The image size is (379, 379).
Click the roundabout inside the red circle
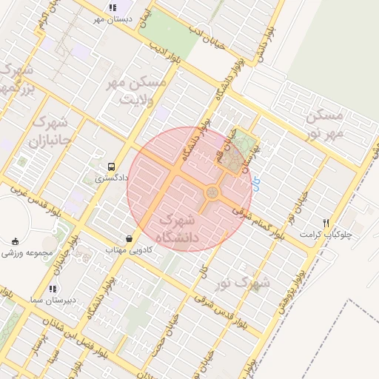(212, 193)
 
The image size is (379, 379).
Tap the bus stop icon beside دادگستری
(111, 167)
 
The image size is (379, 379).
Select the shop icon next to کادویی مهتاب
(130, 239)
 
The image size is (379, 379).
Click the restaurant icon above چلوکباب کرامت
(326, 223)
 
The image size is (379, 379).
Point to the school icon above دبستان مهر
(113, 7)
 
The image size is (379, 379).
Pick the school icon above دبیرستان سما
(52, 289)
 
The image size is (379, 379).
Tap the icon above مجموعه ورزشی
(16, 241)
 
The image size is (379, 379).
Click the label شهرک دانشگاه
(178, 227)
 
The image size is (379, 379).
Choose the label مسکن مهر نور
(325, 124)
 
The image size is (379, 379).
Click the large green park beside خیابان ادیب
(167, 33)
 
